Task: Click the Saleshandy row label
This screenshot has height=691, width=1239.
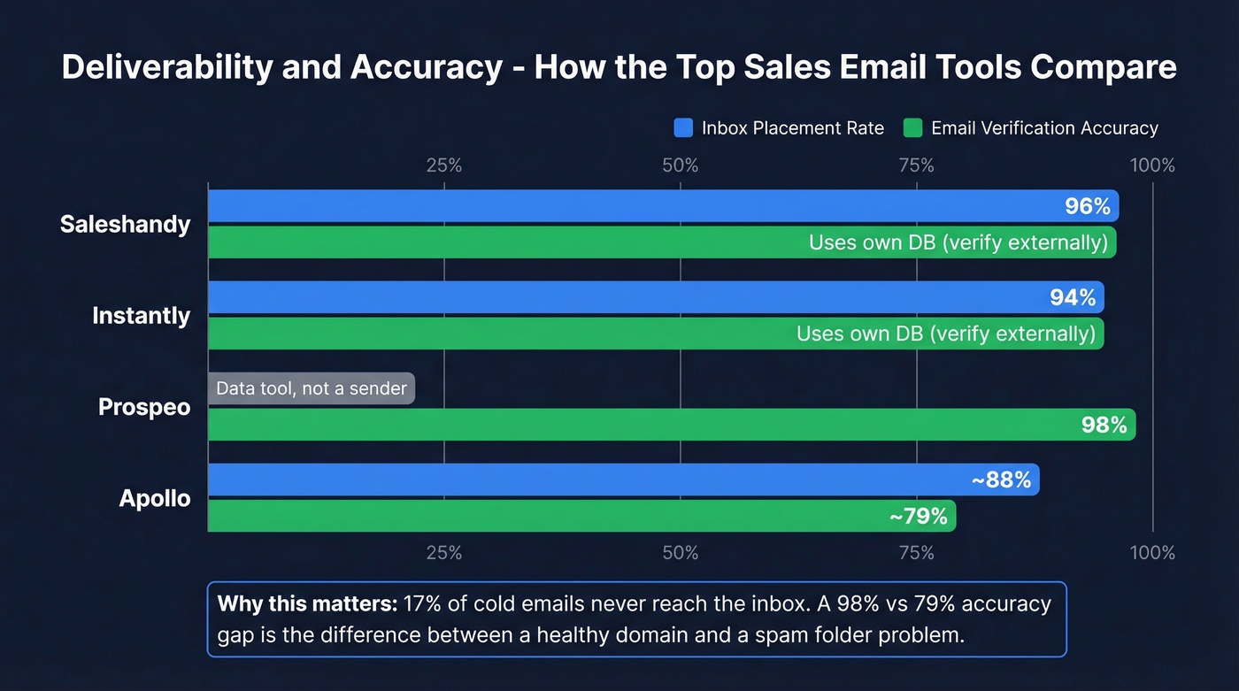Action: coord(125,225)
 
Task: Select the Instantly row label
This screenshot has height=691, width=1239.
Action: coord(141,316)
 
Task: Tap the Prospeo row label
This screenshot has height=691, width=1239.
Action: coord(144,408)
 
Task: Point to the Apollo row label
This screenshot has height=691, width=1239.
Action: coord(155,499)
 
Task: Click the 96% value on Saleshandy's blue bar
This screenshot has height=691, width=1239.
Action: coord(1087,206)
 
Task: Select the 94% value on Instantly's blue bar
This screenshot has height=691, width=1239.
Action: coord(1073,297)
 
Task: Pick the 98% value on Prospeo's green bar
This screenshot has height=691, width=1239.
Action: coord(1104,425)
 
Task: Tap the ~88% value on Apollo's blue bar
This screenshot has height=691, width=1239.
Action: coord(1001,480)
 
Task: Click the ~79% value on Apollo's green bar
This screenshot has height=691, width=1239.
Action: coord(918,516)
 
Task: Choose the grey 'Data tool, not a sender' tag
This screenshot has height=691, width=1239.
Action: coord(312,388)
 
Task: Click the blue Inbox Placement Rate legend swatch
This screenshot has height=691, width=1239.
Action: coord(683,128)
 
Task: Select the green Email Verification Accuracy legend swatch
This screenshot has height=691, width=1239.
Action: coord(912,128)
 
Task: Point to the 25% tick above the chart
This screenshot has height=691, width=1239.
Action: coord(444,165)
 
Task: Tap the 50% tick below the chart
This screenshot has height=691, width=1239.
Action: coord(681,553)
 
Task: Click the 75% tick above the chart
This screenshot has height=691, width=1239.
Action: coord(917,165)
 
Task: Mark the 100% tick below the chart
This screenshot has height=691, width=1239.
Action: coord(1151,553)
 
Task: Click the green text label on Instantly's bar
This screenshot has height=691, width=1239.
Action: coord(945,334)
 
